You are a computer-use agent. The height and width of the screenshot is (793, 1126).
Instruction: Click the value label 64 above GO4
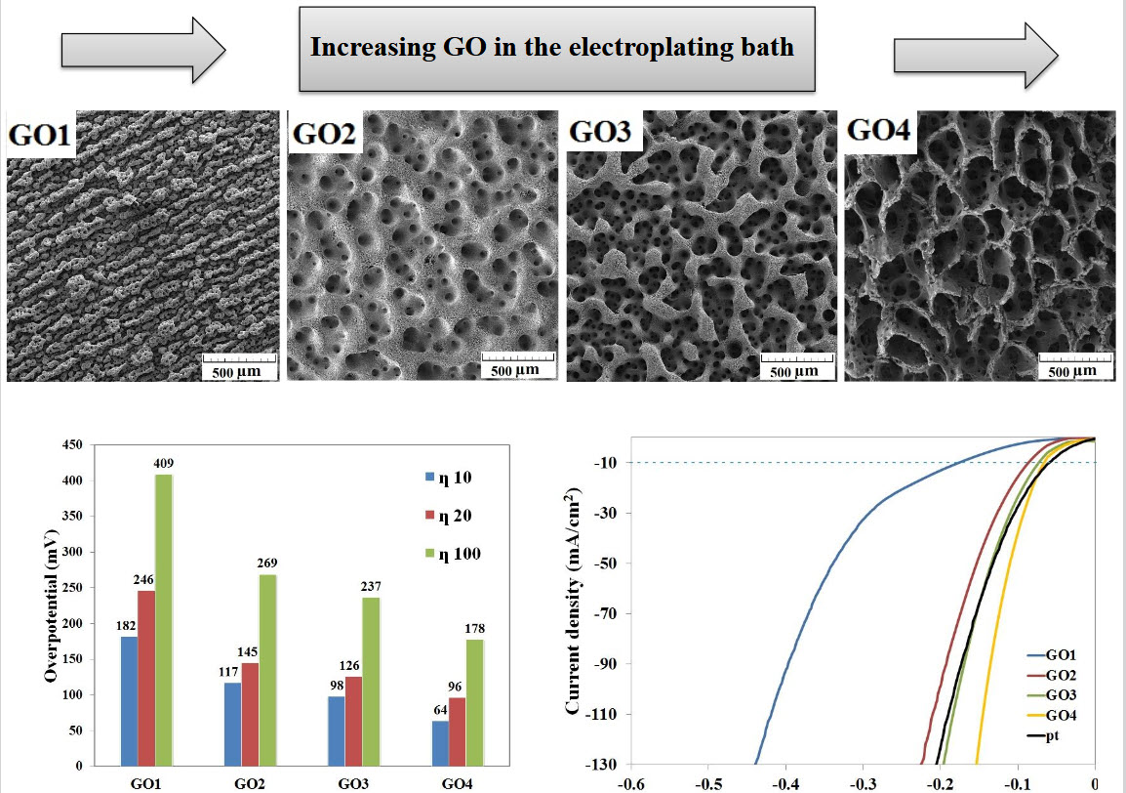[438, 710]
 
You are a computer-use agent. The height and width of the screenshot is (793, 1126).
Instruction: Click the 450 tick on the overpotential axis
[73, 445]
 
